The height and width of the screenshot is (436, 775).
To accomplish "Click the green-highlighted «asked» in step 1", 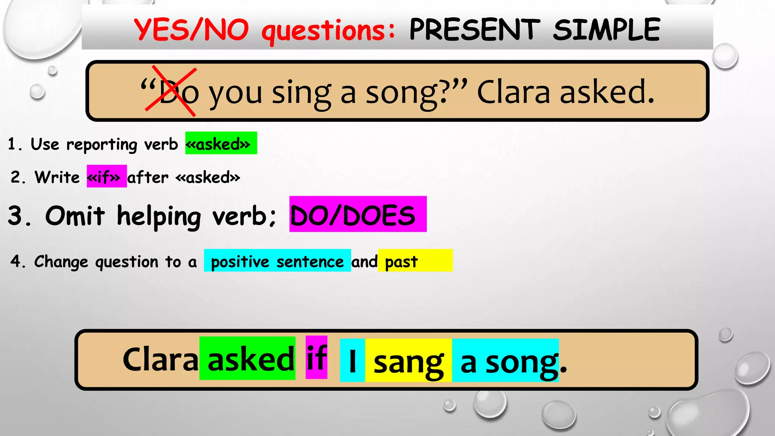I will click(x=221, y=143).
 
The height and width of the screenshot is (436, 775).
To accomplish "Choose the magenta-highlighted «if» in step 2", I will click(x=106, y=176).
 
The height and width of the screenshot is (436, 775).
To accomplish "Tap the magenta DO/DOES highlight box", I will click(x=357, y=214).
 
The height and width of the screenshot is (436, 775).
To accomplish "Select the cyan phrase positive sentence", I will click(x=277, y=261).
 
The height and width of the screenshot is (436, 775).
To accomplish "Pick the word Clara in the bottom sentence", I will click(x=160, y=360).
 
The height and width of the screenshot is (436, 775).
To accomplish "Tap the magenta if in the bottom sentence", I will click(x=316, y=358).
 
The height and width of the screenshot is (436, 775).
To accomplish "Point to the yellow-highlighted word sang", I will click(x=408, y=362).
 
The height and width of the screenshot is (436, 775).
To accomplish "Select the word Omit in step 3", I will click(x=75, y=216).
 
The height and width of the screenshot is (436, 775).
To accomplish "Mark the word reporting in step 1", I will click(x=101, y=145).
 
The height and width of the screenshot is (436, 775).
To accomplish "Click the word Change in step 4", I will click(x=61, y=262).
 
